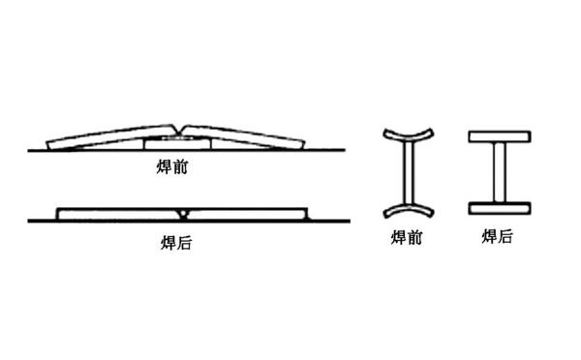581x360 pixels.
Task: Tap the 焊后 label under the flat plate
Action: tap(175, 243)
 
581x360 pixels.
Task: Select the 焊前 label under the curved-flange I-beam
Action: tap(407, 236)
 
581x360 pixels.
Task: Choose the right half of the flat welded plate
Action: tap(247, 213)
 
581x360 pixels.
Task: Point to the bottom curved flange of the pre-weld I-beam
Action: tap(406, 209)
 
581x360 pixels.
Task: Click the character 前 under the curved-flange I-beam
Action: tap(414, 236)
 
